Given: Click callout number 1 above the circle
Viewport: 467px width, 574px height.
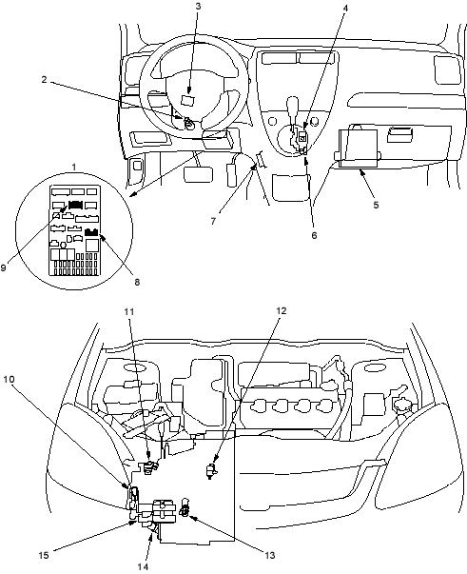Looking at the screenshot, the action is [74, 167].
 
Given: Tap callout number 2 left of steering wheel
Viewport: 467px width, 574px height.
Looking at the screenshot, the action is [44, 79].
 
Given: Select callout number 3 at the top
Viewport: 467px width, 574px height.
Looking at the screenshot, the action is [198, 7].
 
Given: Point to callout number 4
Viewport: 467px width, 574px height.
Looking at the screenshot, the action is [345, 8].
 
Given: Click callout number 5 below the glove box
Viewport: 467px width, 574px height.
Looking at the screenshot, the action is [376, 205].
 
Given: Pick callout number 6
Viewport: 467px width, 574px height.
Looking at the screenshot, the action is [314, 235].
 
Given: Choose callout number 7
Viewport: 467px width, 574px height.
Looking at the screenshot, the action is [213, 221].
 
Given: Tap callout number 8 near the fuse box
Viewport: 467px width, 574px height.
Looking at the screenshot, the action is [137, 282].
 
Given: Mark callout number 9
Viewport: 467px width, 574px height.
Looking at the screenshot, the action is [3, 267].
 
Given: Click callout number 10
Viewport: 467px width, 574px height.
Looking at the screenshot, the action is [9, 379].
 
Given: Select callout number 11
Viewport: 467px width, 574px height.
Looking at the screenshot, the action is [128, 311].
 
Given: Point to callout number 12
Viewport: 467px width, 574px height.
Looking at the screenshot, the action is [281, 310].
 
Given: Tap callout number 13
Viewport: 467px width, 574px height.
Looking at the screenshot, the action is [270, 555].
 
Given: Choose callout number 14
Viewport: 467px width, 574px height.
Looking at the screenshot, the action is [144, 566].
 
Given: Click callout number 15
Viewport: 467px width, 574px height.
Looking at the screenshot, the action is [44, 555].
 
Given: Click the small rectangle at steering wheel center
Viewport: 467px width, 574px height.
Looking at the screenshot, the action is [188, 100].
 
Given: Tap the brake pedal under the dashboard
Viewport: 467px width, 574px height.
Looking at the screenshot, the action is [199, 174].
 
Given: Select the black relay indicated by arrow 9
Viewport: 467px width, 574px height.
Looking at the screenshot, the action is [75, 205].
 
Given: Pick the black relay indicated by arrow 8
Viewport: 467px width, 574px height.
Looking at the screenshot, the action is [91, 232].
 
